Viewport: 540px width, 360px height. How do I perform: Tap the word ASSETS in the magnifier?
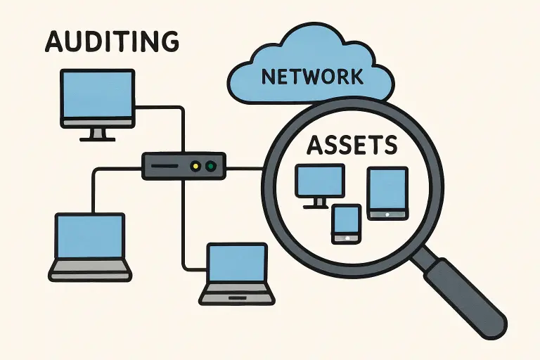352,146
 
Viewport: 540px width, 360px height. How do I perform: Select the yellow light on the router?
196,167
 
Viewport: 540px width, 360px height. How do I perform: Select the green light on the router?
211,167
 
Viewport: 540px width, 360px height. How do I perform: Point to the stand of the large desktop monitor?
97,134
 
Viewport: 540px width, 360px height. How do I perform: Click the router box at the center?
184,167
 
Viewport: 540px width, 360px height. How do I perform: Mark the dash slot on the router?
165,167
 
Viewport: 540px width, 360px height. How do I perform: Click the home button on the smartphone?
346,238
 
